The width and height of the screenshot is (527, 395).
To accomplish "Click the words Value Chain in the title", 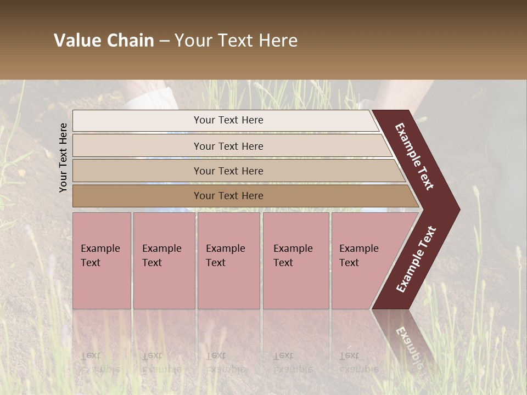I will pos(104,41).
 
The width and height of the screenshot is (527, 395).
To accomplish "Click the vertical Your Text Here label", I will pos(63,157).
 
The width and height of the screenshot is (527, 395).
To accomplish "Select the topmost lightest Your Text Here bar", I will pos(228,120).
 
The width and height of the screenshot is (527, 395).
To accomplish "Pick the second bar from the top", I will pos(228,146).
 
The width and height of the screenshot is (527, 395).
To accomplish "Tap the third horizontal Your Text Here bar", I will pos(228,171).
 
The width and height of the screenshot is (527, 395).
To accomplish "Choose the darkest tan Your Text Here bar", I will pos(228,196).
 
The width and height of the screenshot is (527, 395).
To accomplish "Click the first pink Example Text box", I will pos(102,261).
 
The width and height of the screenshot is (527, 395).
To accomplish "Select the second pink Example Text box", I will pos(164,261).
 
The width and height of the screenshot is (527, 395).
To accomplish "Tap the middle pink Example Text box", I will pos(228,261).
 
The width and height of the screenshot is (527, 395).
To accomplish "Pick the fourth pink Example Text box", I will pos(295,261).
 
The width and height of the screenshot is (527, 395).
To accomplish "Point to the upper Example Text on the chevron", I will pos(415,156).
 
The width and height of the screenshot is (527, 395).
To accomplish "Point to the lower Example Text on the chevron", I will pos(416,259).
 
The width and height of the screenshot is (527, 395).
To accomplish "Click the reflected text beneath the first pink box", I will pos(100,362).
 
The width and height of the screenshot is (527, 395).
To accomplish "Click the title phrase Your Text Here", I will pos(236,41).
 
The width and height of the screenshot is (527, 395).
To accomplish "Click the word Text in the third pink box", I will pos(216,263).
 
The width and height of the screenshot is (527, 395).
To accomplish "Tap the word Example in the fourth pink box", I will pos(293,249).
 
